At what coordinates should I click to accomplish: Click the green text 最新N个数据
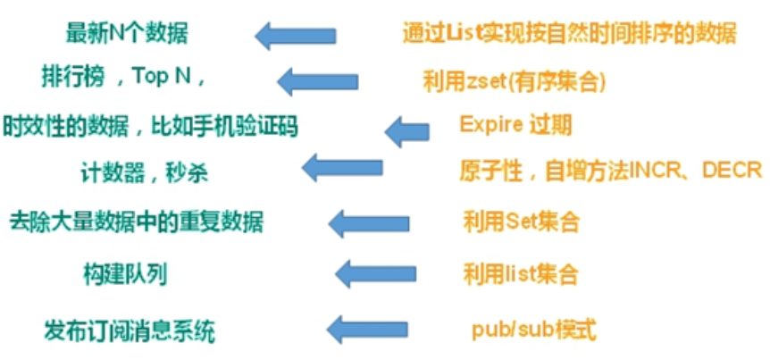[x=127, y=34]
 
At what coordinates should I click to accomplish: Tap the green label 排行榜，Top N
[x=124, y=78]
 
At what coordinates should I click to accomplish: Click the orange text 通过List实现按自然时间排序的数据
[x=569, y=34]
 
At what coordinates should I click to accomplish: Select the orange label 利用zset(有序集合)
[x=515, y=81]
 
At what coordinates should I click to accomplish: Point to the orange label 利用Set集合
[x=521, y=221]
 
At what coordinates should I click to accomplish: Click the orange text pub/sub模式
[x=533, y=330]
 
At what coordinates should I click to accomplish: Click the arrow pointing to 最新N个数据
[x=294, y=37]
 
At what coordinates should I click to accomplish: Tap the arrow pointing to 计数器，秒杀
[x=342, y=167]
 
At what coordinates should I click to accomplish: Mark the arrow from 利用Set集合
[x=369, y=222]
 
